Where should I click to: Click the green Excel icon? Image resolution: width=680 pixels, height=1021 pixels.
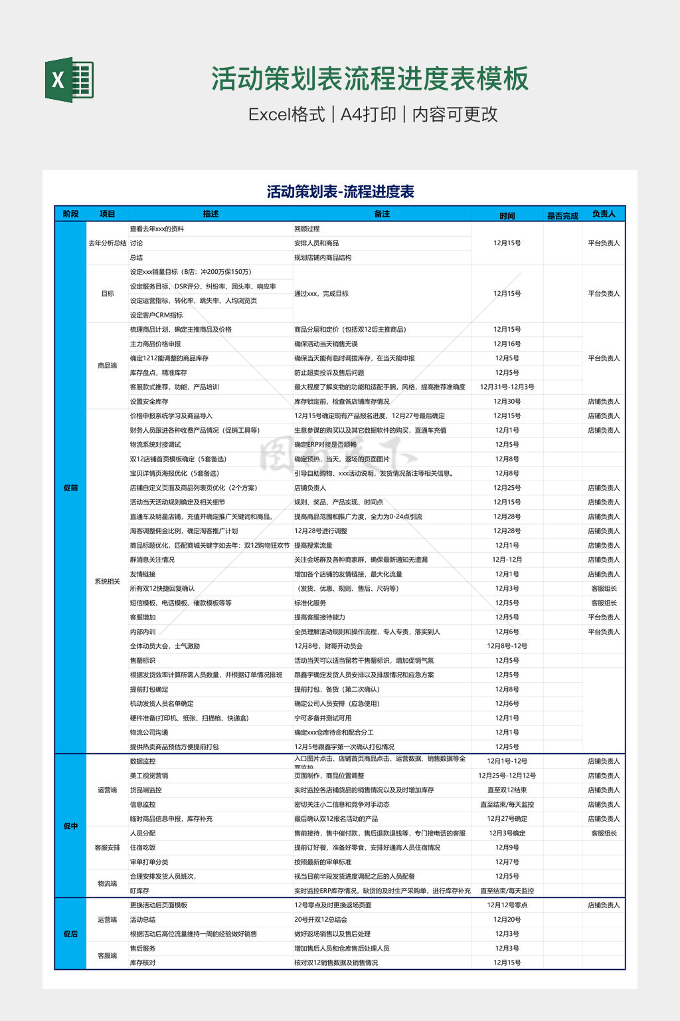coord(69,80)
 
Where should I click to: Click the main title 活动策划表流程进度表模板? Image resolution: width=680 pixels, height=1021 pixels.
coord(370,78)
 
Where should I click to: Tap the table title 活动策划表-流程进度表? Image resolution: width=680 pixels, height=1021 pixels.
coord(340,192)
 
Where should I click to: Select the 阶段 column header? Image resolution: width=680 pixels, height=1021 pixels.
coord(70,214)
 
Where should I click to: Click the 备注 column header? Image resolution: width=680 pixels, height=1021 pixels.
coord(382,214)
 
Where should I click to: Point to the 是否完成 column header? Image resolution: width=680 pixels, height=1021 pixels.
coord(562,215)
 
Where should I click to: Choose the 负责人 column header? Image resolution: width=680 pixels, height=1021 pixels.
coord(604,214)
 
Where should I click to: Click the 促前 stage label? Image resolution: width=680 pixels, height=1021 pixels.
coord(70,488)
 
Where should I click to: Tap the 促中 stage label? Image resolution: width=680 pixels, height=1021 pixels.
coord(70,826)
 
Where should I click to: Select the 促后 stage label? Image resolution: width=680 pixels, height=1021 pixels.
coord(70,934)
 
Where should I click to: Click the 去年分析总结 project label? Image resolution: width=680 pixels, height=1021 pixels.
coord(108,243)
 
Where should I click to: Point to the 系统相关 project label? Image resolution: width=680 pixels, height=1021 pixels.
coord(108,582)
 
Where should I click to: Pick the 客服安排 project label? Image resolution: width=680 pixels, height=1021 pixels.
coord(108,848)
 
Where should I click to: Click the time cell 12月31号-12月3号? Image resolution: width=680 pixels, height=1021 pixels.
coord(507,387)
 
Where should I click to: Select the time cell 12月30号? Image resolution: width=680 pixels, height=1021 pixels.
coord(507,401)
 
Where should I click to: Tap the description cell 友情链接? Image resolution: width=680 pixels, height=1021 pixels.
coord(143,574)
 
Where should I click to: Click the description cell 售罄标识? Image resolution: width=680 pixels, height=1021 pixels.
coord(143,661)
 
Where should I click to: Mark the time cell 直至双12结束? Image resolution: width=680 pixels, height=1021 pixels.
coord(507,790)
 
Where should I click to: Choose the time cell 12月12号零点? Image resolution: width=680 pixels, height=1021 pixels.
coord(507,905)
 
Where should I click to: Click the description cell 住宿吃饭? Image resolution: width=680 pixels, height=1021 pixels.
coord(143,848)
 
